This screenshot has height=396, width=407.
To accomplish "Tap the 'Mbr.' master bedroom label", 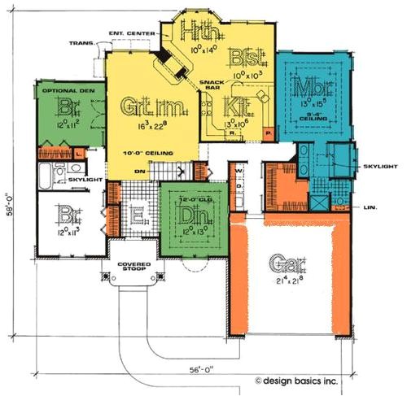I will [310, 85].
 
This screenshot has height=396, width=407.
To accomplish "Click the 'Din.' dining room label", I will [190, 217].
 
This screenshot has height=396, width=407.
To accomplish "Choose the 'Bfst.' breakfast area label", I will [244, 59].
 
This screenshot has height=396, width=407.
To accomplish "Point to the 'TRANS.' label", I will [81, 42].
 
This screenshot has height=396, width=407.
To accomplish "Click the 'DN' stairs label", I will [140, 172].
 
